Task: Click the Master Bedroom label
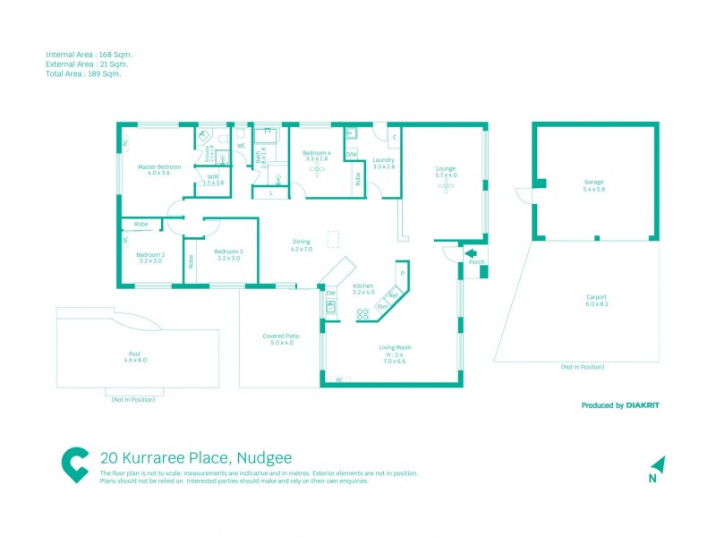158,167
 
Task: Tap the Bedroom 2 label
149,254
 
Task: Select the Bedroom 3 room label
228,251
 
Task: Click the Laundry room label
383,160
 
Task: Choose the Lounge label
446,168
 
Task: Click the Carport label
596,297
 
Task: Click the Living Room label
394,347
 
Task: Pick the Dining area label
301,242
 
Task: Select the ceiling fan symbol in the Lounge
445,190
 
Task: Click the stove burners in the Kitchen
363,313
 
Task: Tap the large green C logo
76,465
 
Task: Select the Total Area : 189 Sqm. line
83,74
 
